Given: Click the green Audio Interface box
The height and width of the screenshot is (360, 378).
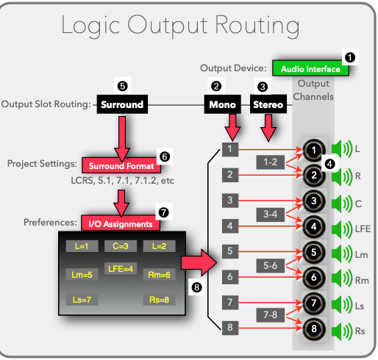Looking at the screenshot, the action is pyautogui.click(x=310, y=68).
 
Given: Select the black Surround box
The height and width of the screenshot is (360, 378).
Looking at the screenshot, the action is pyautogui.click(x=122, y=104).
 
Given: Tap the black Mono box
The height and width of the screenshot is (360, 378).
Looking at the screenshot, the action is pyautogui.click(x=222, y=104).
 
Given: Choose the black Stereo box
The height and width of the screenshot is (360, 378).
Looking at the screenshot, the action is pyautogui.click(x=268, y=104).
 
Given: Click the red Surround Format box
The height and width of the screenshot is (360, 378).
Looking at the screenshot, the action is pyautogui.click(x=121, y=165).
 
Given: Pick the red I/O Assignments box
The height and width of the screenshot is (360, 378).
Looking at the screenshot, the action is pyautogui.click(x=121, y=223).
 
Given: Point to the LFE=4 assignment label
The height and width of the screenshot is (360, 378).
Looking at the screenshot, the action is pyautogui.click(x=121, y=269).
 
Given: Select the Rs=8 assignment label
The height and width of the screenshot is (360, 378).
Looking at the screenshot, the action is pyautogui.click(x=159, y=300).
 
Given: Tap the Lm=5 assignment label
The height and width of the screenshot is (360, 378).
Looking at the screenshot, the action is pyautogui.click(x=82, y=275).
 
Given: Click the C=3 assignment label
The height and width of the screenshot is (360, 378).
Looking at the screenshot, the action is pyautogui.click(x=121, y=246).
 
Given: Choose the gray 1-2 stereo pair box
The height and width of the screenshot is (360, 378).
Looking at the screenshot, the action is pyautogui.click(x=271, y=162).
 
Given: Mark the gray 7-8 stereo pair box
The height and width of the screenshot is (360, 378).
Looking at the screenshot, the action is pyautogui.click(x=271, y=315).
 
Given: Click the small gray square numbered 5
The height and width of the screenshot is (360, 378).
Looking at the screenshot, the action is pyautogui.click(x=230, y=251).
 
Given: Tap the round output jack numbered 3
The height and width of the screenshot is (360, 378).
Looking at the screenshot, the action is pyautogui.click(x=314, y=201).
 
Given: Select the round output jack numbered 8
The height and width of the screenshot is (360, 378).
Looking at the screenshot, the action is pyautogui.click(x=314, y=329).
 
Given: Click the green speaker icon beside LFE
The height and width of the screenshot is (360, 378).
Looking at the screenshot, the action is pyautogui.click(x=342, y=229).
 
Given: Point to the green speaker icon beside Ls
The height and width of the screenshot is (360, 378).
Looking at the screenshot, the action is pyautogui.click(x=342, y=305).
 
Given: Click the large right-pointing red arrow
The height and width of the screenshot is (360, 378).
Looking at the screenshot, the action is pyautogui.click(x=199, y=262).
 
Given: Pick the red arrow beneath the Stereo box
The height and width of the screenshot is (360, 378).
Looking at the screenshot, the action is pyautogui.click(x=268, y=128).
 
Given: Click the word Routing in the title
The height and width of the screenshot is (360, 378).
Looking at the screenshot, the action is pyautogui.click(x=257, y=26).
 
